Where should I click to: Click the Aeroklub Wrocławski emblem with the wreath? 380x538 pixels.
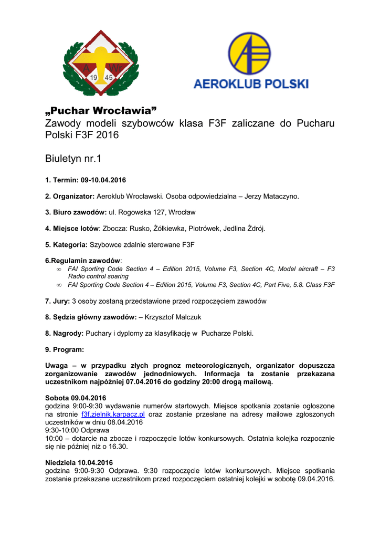pyautogui.click(x=101, y=64)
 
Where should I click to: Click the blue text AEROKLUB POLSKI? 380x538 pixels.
pyautogui.click(x=251, y=84)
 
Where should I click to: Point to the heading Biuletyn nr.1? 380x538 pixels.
pyautogui.click(x=73, y=158)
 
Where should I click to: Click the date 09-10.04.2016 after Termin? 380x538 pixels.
pyautogui.click(x=103, y=180)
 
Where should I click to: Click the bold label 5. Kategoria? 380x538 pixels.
pyautogui.click(x=66, y=244)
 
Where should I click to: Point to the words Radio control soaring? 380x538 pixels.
pyautogui.click(x=98, y=276)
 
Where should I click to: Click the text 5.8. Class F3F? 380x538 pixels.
pyautogui.click(x=312, y=285)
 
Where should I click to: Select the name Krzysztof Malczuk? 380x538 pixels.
pyautogui.click(x=173, y=317)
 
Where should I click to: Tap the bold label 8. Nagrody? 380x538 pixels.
pyautogui.click(x=65, y=333)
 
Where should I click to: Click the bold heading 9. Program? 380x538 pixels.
pyautogui.click(x=65, y=349)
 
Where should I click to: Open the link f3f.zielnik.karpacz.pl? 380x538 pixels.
pyautogui.click(x=113, y=415)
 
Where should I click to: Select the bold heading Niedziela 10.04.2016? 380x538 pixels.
pyautogui.click(x=79, y=463)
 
